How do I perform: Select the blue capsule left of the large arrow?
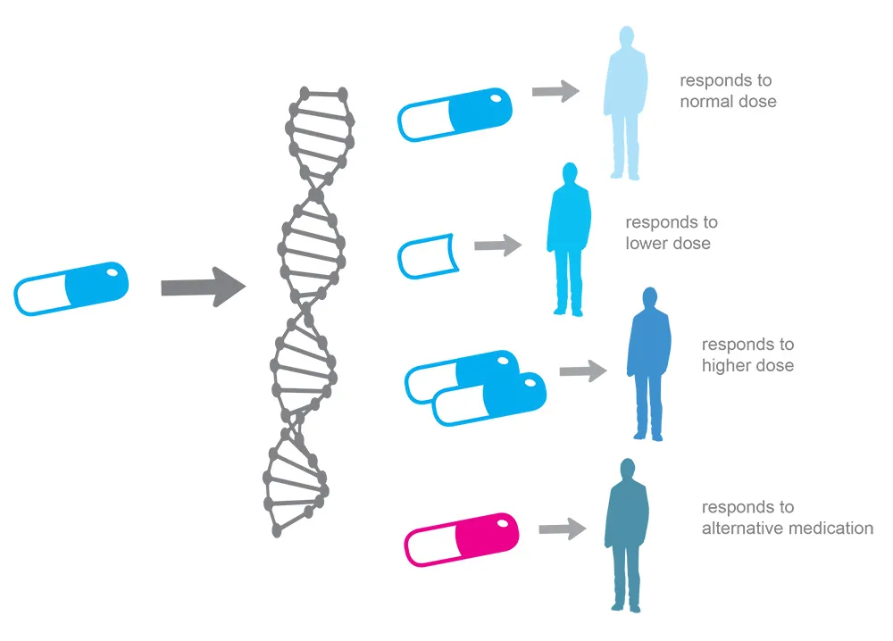point(71,288)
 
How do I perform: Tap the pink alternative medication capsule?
point(462,539)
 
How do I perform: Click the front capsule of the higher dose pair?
point(489,399)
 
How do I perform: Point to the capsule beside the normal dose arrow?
point(455,113)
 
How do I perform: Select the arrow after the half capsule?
point(498,245)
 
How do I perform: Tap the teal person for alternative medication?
point(626,536)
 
